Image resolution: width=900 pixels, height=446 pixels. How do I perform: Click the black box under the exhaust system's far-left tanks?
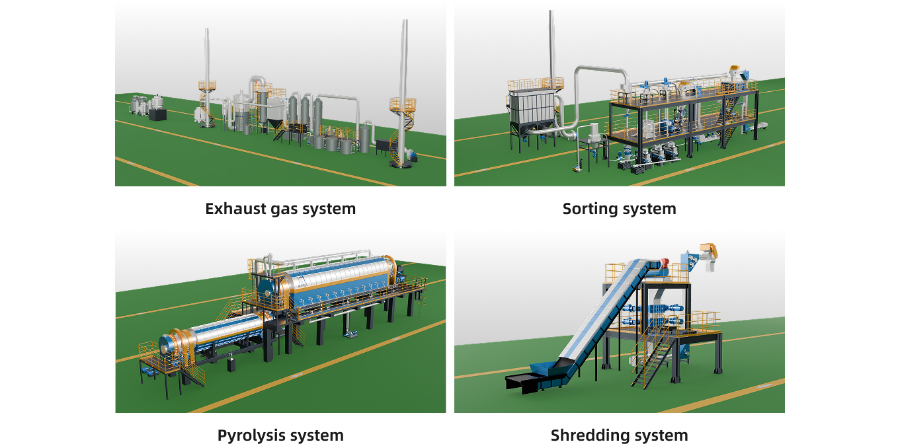[158, 114]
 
